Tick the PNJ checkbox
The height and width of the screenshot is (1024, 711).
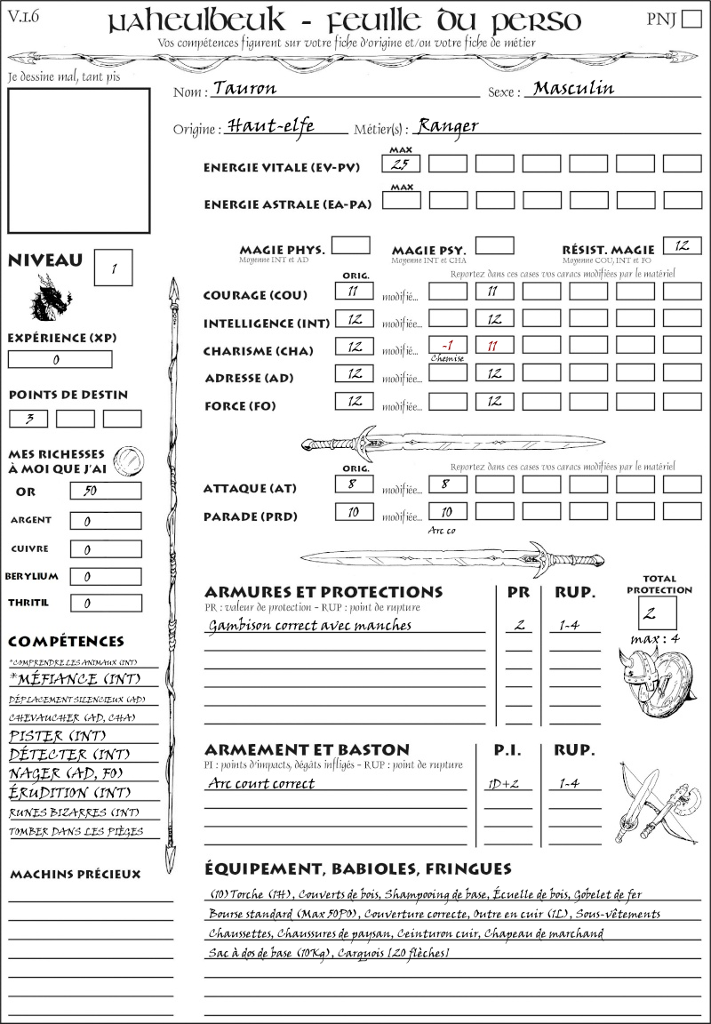(690, 20)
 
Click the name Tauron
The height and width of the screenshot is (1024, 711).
(244, 89)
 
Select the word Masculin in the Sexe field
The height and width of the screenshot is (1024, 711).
(573, 88)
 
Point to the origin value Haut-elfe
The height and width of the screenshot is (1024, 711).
(270, 125)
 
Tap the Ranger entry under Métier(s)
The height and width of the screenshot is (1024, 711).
(447, 125)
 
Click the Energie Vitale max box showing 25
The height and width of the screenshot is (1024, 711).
(401, 164)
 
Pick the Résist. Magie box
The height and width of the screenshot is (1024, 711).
(682, 244)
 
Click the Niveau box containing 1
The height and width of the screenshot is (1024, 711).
(115, 268)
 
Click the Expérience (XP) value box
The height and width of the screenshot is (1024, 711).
(60, 360)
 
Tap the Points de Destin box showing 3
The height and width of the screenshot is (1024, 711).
(28, 418)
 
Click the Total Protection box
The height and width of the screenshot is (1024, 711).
(657, 612)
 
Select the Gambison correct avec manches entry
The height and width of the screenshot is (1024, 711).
(310, 625)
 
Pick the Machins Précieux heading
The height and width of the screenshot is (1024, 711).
(76, 875)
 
